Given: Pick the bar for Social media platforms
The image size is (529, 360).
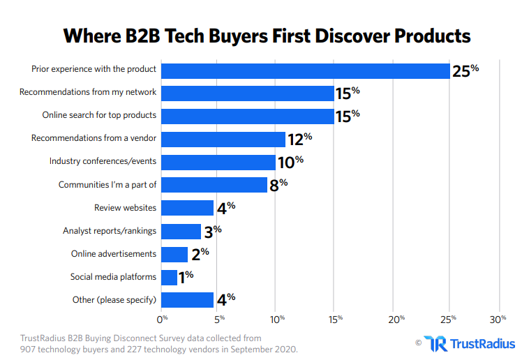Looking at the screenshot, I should point(170,277).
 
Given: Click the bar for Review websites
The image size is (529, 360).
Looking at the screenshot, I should point(188,208).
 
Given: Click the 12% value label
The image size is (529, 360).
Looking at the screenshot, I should point(299,139).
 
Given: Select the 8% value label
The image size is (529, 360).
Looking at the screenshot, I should point(278,185).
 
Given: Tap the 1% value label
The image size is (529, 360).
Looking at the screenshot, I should point(186,277).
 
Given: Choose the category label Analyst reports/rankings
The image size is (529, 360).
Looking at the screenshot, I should point(110,231).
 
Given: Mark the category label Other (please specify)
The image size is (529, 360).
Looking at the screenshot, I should point(114,300).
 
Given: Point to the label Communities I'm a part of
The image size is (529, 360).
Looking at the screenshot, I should point(107,185).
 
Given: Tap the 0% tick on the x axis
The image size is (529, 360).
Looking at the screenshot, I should point(163,319).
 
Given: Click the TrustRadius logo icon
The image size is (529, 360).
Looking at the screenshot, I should point(436,343).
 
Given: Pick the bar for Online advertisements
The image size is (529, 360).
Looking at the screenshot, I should point(174,254).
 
